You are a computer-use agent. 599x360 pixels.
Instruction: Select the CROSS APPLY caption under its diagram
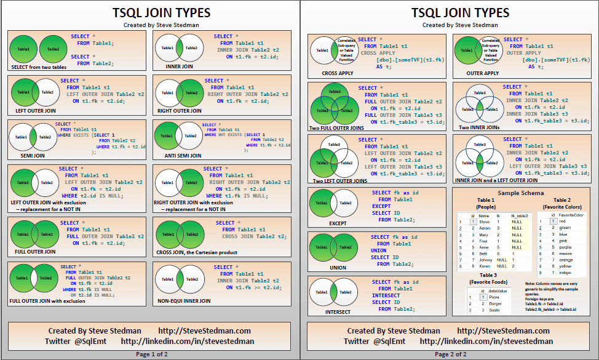[338, 73]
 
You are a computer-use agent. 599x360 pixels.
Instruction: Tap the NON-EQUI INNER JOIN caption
[184, 301]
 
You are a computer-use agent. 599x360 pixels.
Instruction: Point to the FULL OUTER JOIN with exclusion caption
[47, 301]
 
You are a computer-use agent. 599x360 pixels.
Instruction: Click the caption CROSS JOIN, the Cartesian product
[197, 252]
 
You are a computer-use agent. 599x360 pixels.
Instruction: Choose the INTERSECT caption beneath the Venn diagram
[338, 312]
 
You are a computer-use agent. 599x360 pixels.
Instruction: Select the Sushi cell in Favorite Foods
[494, 310]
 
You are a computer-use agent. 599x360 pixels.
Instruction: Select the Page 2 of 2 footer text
[450, 354]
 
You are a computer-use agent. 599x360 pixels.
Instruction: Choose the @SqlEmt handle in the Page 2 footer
[389, 341]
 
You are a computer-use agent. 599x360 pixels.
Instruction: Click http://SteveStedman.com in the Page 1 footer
[204, 331]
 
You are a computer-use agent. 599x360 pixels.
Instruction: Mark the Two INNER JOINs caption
[479, 127]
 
